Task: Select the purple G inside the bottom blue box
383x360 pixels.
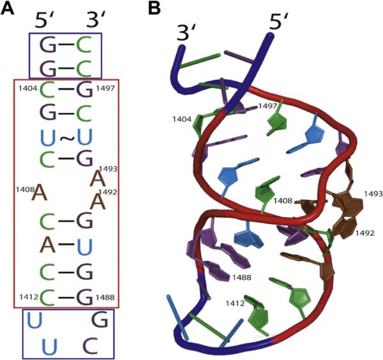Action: tap(99, 318)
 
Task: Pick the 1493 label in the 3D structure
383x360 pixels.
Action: tap(373, 192)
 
